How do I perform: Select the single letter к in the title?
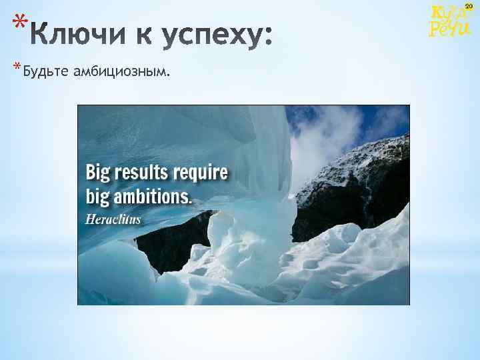pyautogui.click(x=138, y=35)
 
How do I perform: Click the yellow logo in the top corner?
pyautogui.click(x=450, y=21)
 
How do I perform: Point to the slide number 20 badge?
pyautogui.click(x=469, y=6)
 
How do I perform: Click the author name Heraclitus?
pyautogui.click(x=113, y=219)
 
